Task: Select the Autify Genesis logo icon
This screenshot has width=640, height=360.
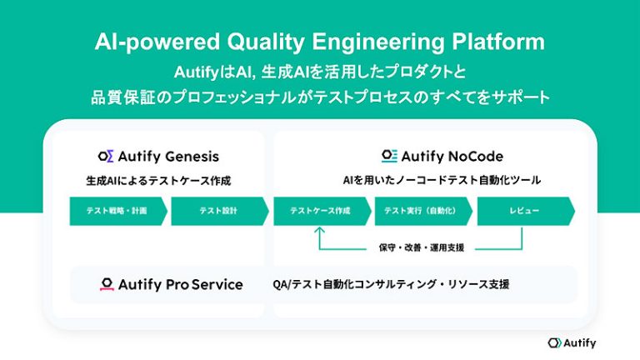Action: pos(106,156)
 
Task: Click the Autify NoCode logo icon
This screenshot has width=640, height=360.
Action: pos(389,156)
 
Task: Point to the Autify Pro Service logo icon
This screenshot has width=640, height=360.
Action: pos(107,284)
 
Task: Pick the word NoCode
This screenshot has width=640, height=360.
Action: pos(474,156)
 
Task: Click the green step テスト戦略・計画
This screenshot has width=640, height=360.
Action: pos(117,211)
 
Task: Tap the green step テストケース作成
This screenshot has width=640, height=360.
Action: pos(320,211)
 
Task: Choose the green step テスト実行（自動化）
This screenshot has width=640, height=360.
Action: pos(422,211)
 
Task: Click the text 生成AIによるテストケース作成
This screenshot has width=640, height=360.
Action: pos(157,180)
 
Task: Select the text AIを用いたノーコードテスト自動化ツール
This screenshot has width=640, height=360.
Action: pos(442,180)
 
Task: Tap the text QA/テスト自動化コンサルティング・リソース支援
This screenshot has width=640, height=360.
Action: pos(391,284)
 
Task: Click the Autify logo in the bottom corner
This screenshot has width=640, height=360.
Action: pos(572,342)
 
